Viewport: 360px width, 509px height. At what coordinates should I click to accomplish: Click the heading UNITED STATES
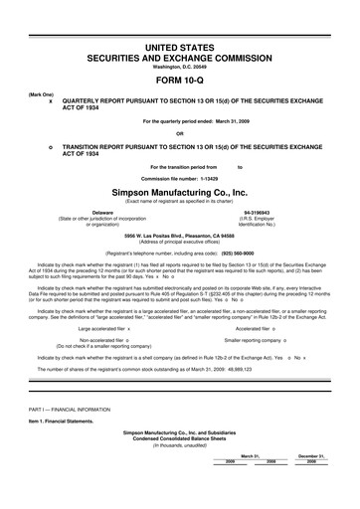coord(180,49)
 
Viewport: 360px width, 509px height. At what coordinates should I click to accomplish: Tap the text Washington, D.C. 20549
coord(179,69)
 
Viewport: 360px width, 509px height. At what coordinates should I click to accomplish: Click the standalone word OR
coord(179,133)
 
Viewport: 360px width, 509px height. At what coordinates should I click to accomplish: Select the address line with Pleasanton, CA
coord(179,235)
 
